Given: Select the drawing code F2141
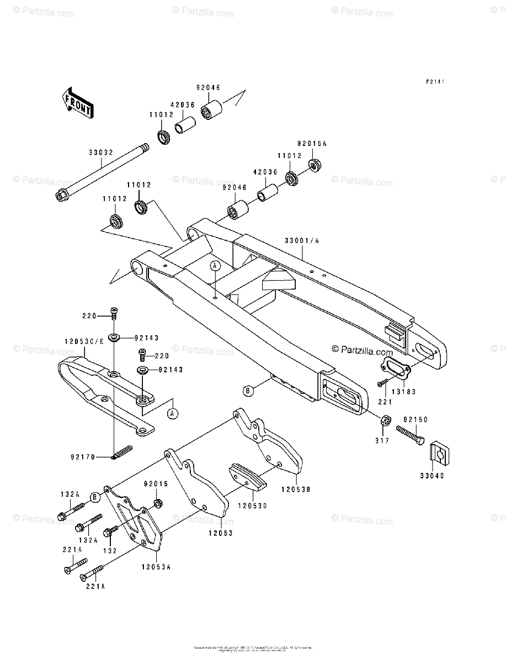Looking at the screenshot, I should point(435,81).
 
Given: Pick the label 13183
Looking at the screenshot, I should point(405,391).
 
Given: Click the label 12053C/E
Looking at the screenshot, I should point(84,341).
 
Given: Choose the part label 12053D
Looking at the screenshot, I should point(253,506).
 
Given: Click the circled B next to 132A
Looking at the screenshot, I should point(95,497).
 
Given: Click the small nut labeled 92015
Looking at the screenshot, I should point(157,503).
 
